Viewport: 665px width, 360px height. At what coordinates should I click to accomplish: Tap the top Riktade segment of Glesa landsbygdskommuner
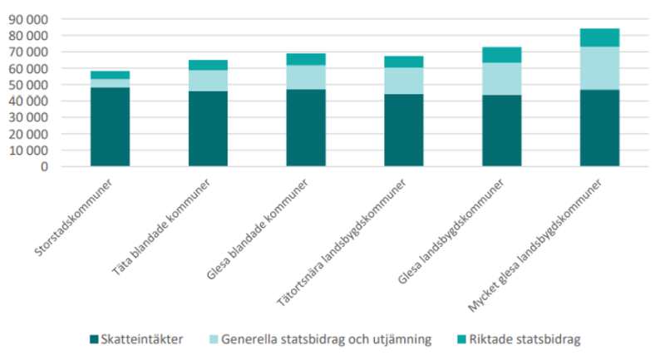[501, 55]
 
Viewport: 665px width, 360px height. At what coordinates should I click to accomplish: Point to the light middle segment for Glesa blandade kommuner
[306, 76]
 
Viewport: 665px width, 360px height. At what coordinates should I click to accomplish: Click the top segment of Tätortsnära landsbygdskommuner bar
[403, 62]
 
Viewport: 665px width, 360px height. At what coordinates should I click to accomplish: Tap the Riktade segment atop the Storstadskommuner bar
[110, 75]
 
